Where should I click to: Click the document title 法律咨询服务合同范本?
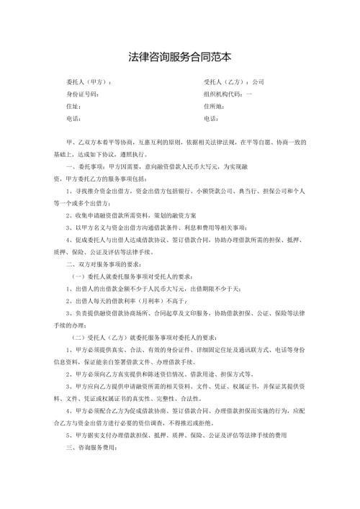[180, 55]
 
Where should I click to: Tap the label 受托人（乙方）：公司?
[235, 82]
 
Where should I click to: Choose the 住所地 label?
[217, 106]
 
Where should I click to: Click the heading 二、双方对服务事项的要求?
[106, 285]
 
